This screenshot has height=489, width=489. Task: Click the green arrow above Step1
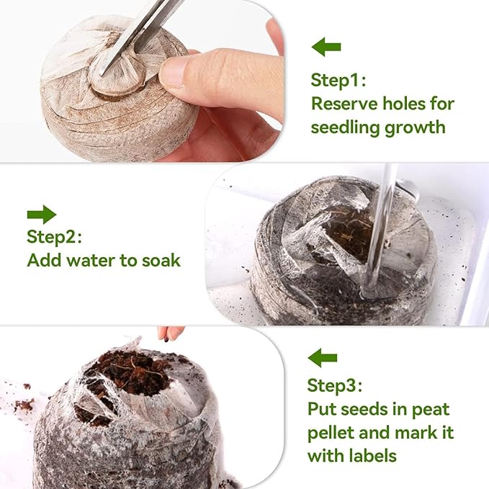(x=326, y=48)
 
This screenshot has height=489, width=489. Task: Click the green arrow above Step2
(x=41, y=214)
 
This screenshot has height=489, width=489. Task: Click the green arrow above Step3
(x=322, y=357)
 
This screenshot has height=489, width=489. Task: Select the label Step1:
(x=338, y=78)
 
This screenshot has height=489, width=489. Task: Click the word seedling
(x=346, y=128)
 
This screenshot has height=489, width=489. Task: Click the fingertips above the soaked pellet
(x=171, y=333)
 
